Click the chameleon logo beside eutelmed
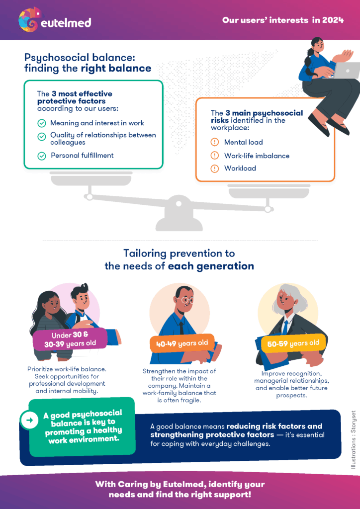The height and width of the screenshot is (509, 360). click(30, 20)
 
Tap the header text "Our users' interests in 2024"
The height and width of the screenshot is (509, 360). click(283, 20)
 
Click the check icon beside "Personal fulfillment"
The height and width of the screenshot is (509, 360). click(42, 156)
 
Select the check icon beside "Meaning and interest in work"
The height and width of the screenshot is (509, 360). click(42, 123)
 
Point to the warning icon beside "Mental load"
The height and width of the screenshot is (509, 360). click(215, 142)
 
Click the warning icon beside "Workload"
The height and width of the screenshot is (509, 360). click(215, 169)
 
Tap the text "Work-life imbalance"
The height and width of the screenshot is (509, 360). click(257, 156)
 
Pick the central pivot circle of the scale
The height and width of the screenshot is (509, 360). click(178, 204)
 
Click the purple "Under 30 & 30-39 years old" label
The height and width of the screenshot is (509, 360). click(70, 339)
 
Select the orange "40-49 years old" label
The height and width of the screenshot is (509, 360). click(182, 343)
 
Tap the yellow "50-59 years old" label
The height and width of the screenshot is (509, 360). click(293, 343)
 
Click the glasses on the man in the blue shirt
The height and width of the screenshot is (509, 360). click(186, 300)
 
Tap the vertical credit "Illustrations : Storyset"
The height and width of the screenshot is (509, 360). click(354, 440)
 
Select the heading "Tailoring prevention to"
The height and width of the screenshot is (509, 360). click(179, 253)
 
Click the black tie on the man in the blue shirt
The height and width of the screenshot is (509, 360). click(181, 326)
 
